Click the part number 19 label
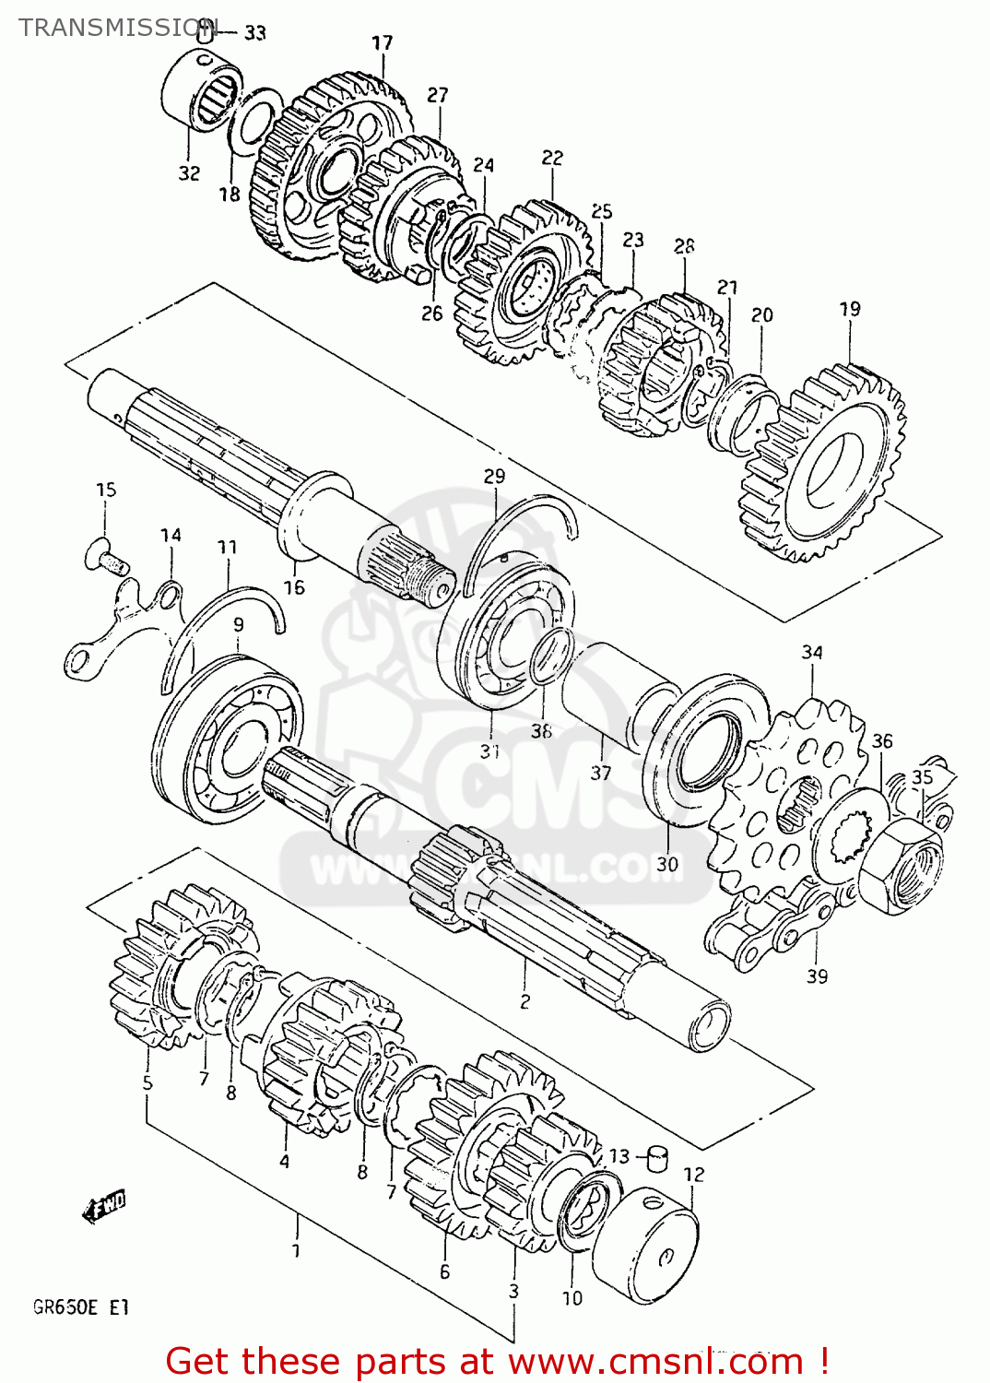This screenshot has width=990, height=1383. (849, 309)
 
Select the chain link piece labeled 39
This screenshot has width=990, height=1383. (770, 931)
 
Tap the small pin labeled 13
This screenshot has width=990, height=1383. (657, 1157)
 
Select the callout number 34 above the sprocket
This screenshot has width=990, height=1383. (811, 653)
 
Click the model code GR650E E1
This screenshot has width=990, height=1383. (81, 1307)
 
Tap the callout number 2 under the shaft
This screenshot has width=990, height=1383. (524, 1001)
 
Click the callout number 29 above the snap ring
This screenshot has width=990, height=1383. (494, 476)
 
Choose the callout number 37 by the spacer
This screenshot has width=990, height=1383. (600, 772)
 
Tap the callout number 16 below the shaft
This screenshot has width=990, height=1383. (293, 587)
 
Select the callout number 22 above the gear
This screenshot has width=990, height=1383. (551, 158)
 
